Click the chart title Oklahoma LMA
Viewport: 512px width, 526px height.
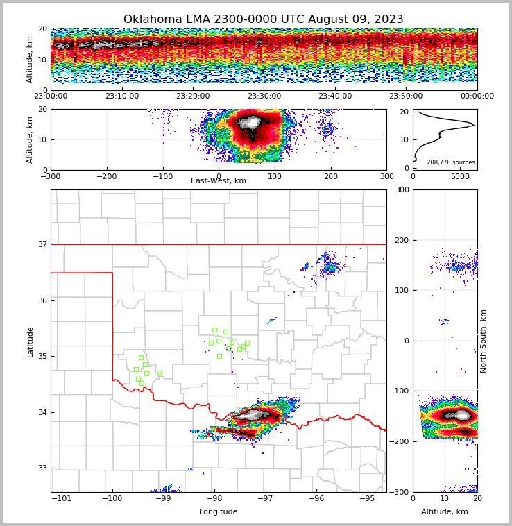click(x=263, y=19)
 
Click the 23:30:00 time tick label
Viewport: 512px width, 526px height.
click(x=264, y=96)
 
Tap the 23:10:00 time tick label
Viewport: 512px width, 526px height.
click(x=122, y=96)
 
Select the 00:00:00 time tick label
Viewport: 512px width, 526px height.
click(x=477, y=96)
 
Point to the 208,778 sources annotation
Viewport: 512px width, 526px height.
click(x=451, y=162)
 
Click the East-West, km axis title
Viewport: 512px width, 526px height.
click(x=219, y=181)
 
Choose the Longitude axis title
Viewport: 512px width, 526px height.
click(x=219, y=512)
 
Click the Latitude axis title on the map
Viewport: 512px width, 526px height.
click(x=30, y=341)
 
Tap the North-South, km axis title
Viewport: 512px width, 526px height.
click(x=484, y=341)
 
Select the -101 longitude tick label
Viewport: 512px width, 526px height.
click(x=61, y=498)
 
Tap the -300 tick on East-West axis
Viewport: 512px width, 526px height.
click(x=51, y=176)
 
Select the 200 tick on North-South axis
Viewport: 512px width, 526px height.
click(x=400, y=240)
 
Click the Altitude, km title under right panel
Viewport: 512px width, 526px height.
click(x=445, y=512)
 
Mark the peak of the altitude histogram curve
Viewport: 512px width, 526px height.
click(x=474, y=125)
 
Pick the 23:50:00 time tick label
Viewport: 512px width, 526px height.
click(x=406, y=96)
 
